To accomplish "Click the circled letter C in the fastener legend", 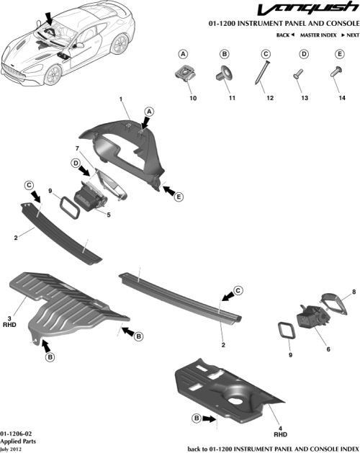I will (x=265, y=54).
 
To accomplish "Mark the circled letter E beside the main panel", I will (x=178, y=192).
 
